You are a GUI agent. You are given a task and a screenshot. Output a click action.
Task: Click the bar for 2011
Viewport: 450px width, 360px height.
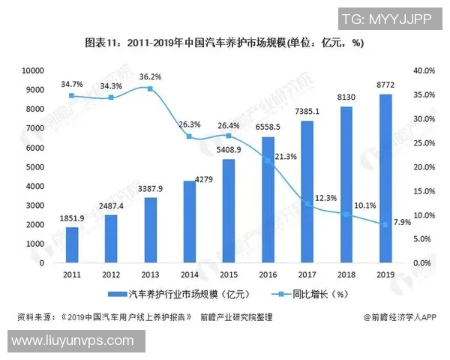tap(72, 245)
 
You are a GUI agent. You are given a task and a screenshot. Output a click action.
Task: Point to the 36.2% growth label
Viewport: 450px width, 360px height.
tap(151, 76)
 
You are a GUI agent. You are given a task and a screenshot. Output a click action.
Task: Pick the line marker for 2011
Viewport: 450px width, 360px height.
tap(72, 96)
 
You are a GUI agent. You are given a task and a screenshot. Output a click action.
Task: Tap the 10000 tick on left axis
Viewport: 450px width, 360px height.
tap(32, 70)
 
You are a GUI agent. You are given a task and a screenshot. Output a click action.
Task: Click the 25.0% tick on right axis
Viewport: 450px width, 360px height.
tap(424, 142)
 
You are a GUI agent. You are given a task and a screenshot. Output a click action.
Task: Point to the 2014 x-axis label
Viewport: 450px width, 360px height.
tap(190, 275)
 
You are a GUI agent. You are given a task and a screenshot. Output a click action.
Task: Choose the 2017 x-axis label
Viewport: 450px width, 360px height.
tap(307, 275)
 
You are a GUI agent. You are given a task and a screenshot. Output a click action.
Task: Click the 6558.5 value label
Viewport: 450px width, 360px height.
tap(268, 127)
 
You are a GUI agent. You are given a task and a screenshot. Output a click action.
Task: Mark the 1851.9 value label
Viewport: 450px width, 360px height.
tap(72, 217)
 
